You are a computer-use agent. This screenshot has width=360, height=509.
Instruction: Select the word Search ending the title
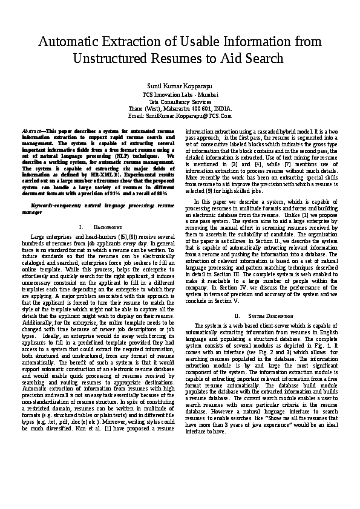(x=263, y=59)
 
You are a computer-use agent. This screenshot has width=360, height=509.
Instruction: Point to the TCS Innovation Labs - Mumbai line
(x=180, y=96)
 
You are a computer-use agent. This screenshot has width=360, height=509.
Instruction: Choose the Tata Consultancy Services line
(x=180, y=102)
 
